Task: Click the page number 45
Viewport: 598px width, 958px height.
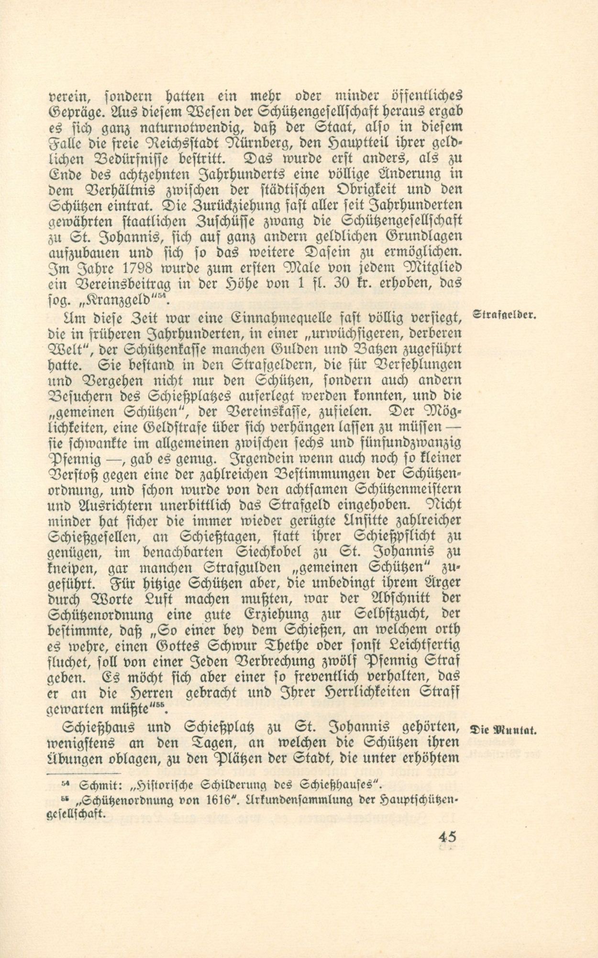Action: click(446, 836)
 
